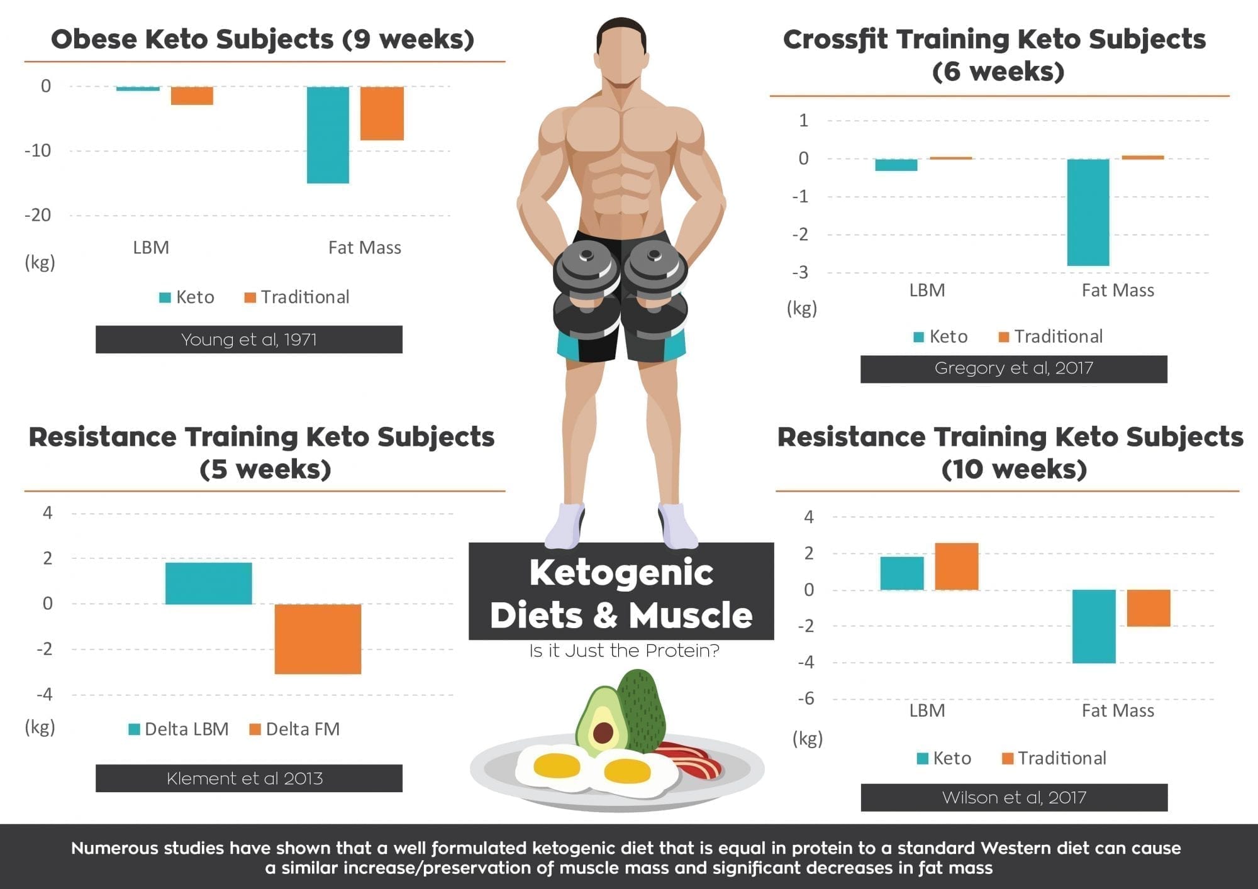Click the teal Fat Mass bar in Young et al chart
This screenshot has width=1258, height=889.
328,135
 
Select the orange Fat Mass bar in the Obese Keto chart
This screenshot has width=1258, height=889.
382,113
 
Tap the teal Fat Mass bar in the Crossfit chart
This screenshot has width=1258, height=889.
1088,213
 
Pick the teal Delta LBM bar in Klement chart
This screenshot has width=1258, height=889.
208,583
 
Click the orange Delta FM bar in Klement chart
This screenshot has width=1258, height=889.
318,639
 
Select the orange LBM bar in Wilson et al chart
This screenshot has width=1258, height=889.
956,566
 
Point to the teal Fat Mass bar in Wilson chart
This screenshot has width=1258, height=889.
1094,626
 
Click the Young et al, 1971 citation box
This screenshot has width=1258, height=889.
248,340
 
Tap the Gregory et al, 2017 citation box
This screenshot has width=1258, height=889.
1013,368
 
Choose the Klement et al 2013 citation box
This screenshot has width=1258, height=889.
248,778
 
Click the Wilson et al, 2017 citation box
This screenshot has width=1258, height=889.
1014,797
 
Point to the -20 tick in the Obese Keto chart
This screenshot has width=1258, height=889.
38,215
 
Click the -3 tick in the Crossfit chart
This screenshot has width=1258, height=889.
800,273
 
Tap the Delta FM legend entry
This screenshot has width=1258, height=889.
295,729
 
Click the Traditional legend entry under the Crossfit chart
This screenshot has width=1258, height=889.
1051,337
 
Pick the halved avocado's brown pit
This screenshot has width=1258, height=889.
603,732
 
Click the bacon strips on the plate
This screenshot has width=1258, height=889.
689,758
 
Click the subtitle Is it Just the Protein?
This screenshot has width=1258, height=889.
624,651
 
